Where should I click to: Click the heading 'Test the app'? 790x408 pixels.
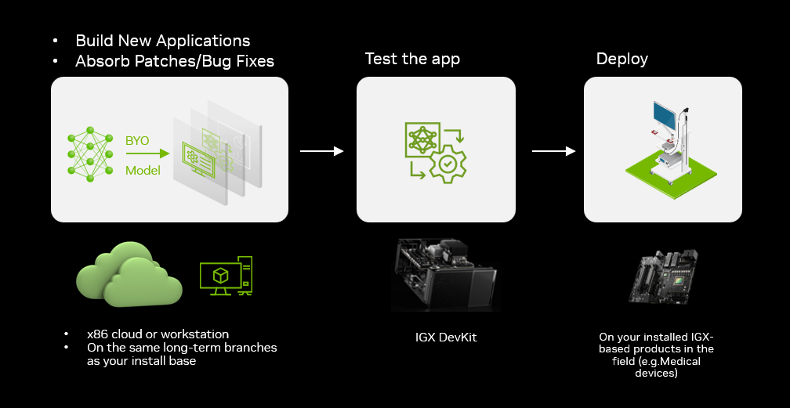pyautogui.click(x=412, y=59)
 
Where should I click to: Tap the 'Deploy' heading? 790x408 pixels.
pyautogui.click(x=621, y=59)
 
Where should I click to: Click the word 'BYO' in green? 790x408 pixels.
pyautogui.click(x=137, y=140)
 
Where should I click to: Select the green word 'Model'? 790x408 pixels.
pyautogui.click(x=143, y=171)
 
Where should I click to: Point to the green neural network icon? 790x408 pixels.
pyautogui.click(x=90, y=154)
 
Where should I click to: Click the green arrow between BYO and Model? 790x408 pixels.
pyautogui.click(x=147, y=153)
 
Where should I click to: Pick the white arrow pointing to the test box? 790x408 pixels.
pyautogui.click(x=322, y=151)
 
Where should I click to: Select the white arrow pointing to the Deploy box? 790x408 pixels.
pyautogui.click(x=553, y=151)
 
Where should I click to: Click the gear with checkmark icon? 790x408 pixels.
pyautogui.click(x=448, y=164)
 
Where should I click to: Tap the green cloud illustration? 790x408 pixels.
pyautogui.click(x=129, y=275)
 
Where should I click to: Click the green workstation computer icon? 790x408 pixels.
pyautogui.click(x=226, y=276)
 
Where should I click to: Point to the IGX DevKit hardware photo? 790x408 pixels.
pyautogui.click(x=445, y=275)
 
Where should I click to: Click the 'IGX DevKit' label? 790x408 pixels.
pyautogui.click(x=446, y=337)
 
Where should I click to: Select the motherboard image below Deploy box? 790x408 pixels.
pyautogui.click(x=664, y=276)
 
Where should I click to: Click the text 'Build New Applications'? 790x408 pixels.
pyautogui.click(x=163, y=41)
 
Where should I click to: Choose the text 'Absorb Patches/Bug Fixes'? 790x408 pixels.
pyautogui.click(x=174, y=61)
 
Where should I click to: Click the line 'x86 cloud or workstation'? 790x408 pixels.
pyautogui.click(x=158, y=334)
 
